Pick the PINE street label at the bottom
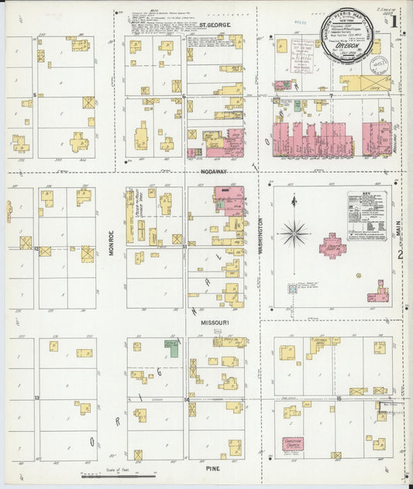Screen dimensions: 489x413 tap(213, 468)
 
